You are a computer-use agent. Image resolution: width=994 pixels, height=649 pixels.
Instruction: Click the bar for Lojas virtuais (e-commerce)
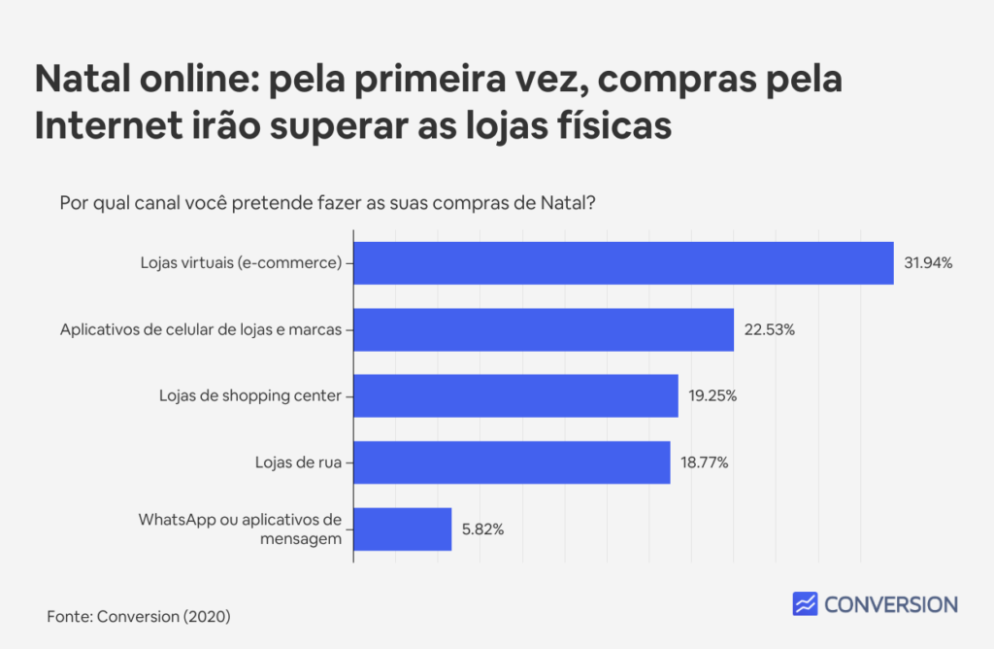click(622, 262)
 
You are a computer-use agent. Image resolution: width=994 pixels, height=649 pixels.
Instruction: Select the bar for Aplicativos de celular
click(543, 329)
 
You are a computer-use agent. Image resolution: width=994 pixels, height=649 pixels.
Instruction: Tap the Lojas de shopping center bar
click(515, 395)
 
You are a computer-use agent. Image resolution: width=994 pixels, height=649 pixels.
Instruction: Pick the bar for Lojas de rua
click(512, 461)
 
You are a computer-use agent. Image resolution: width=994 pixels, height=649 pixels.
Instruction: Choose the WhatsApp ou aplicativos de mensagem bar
click(402, 529)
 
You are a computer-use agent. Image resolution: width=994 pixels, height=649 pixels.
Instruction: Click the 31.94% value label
click(928, 263)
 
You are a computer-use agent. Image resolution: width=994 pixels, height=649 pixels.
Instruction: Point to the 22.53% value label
click(770, 329)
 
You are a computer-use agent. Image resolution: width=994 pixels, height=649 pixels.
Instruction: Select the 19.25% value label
click(713, 395)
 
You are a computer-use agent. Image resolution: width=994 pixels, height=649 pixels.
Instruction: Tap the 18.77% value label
click(705, 462)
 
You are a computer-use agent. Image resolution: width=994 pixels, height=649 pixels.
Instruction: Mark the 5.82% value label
click(482, 529)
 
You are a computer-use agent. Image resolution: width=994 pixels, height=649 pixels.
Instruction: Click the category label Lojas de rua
click(292, 462)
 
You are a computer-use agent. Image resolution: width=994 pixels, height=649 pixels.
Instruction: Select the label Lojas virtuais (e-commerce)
click(241, 263)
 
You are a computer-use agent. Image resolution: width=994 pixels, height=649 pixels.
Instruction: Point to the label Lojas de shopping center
click(250, 395)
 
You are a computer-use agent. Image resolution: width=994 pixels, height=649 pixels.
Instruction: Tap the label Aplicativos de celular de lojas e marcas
click(201, 329)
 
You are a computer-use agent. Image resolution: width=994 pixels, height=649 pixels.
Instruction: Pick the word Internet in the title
click(99, 126)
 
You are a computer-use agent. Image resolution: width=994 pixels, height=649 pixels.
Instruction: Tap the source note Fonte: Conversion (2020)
click(139, 616)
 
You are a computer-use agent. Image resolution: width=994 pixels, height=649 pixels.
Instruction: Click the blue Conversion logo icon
click(805, 604)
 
